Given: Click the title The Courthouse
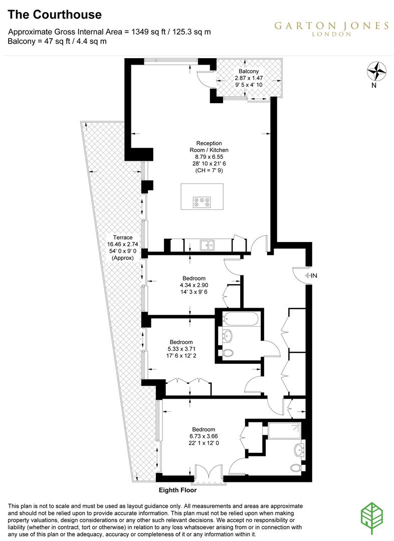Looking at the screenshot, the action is pyautogui.click(x=55, y=15).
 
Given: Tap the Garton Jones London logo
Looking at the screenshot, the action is pyautogui.click(x=331, y=29).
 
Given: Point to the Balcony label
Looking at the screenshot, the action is pyautogui.click(x=249, y=71).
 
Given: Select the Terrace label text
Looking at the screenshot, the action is pyautogui.click(x=123, y=237).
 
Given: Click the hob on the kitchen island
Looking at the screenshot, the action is pyautogui.click(x=202, y=202).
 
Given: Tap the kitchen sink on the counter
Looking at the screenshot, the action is pyautogui.click(x=207, y=245).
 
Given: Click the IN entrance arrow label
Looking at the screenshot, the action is pyautogui.click(x=311, y=276).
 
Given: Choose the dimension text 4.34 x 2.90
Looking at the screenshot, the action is pyautogui.click(x=194, y=285).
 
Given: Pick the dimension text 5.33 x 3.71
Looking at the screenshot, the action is pyautogui.click(x=181, y=349).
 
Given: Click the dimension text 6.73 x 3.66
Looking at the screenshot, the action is pyautogui.click(x=204, y=436).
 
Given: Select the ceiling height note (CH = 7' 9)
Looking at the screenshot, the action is pyautogui.click(x=209, y=170).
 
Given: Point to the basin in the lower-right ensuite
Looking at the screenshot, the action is pyautogui.click(x=299, y=449).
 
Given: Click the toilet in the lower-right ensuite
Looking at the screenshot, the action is pyautogui.click(x=296, y=468).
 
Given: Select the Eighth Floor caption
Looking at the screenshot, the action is pyautogui.click(x=177, y=490).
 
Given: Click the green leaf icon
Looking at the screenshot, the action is pyautogui.click(x=372, y=518).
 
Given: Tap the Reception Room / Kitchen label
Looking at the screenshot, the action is pyautogui.click(x=209, y=147).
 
